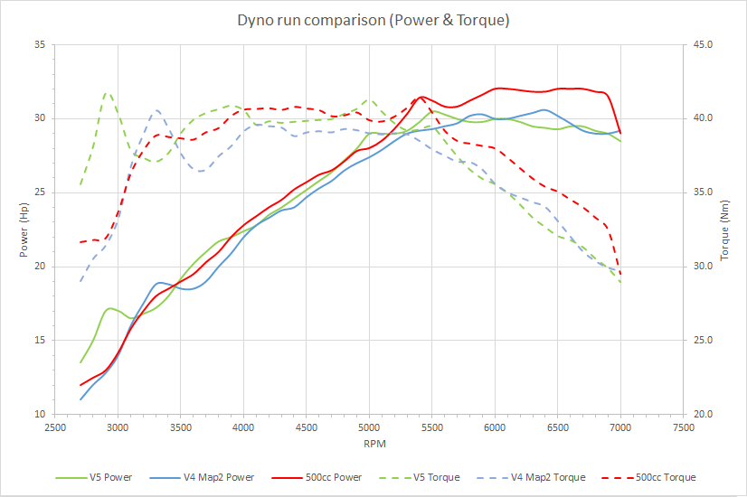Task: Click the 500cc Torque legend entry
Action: click(x=667, y=477)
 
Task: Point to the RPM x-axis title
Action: click(x=368, y=445)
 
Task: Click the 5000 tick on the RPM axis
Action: click(x=369, y=427)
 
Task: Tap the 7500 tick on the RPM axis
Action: click(x=684, y=427)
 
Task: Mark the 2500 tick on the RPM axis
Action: click(x=54, y=427)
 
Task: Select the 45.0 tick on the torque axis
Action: click(x=703, y=44)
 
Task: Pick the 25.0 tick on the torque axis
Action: click(x=703, y=341)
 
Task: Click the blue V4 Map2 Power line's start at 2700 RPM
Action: click(x=80, y=399)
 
